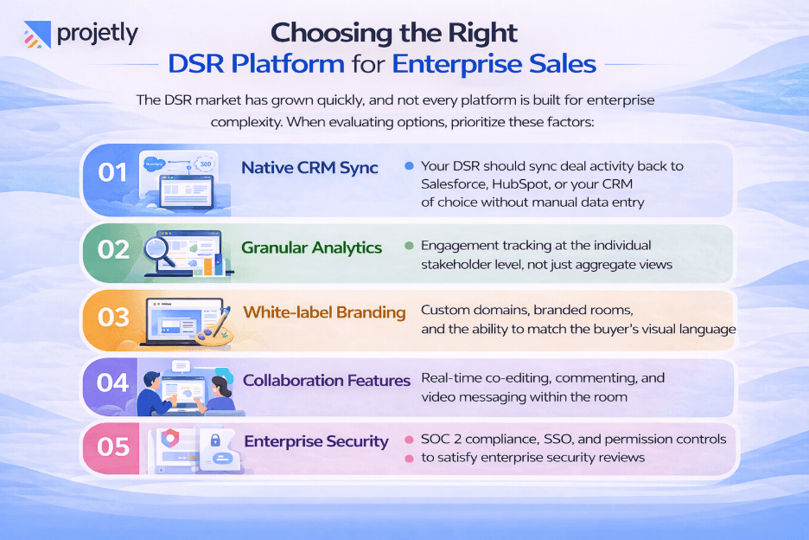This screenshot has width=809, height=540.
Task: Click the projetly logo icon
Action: [x=35, y=35]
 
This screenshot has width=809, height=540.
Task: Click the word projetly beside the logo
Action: [x=97, y=35]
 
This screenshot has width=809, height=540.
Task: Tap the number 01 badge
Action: [x=113, y=172]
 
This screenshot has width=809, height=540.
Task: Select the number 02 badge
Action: [x=113, y=248]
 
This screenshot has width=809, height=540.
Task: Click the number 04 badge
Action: [x=113, y=382]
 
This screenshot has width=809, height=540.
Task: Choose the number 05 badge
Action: [x=113, y=446]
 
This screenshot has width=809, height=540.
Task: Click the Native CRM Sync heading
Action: [x=309, y=168]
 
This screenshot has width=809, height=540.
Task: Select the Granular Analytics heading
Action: [x=312, y=247]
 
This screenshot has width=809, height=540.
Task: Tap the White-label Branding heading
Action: [x=324, y=312]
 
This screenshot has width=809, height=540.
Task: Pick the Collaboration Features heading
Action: [x=326, y=381]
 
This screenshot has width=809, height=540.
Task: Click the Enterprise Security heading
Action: [x=316, y=441]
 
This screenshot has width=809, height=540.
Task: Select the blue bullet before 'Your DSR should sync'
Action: [x=409, y=165]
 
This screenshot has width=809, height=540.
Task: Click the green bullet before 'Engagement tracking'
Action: [x=409, y=246]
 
